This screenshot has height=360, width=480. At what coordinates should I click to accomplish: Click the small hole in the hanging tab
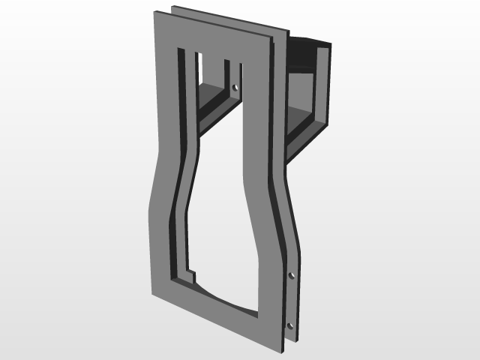[235, 88]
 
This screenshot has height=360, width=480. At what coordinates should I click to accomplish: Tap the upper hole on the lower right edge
[292, 275]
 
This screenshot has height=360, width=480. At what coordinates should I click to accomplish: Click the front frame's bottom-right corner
[283, 349]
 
